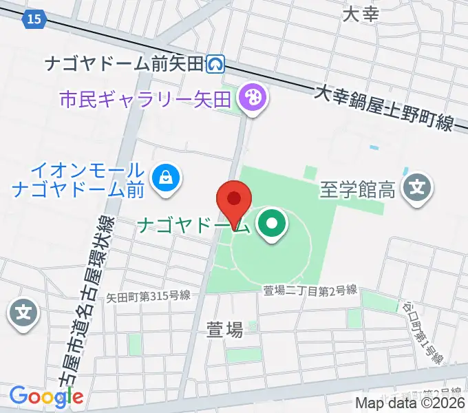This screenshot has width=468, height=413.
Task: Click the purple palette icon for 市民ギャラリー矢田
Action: (253, 98)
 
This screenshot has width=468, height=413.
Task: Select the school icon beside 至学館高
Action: (418, 187)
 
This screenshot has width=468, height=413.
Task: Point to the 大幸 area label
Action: (360, 14)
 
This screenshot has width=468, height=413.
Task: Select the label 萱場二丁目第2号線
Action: (310, 290)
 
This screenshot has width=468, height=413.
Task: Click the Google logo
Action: (46, 396)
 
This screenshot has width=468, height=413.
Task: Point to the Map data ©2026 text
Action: (410, 403)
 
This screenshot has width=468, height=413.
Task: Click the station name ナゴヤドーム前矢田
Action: (125, 64)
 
